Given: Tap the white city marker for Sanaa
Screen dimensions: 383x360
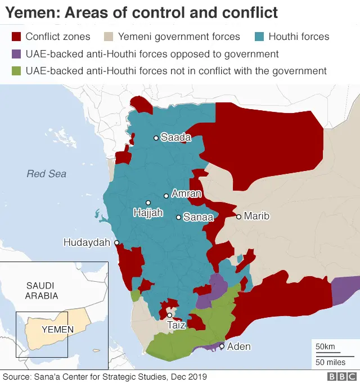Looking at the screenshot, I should (x=178, y=217).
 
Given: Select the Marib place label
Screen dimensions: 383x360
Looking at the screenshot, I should (x=256, y=216).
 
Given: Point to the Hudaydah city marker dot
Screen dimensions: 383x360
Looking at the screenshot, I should (x=117, y=243).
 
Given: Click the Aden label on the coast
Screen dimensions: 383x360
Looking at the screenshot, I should (x=238, y=346).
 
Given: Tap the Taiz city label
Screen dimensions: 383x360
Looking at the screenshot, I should (x=177, y=325).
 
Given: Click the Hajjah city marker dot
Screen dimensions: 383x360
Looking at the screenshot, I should (x=148, y=202).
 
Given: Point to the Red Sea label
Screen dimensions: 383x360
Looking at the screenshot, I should (x=46, y=174).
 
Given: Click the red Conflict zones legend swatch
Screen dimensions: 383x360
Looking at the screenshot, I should (x=16, y=37).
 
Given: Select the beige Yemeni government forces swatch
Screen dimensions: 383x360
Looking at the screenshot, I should (x=109, y=37).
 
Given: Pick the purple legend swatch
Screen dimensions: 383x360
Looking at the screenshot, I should (x=16, y=54).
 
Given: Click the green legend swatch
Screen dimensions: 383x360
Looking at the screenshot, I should (x=16, y=71).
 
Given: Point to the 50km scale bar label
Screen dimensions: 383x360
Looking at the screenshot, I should (x=325, y=346).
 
